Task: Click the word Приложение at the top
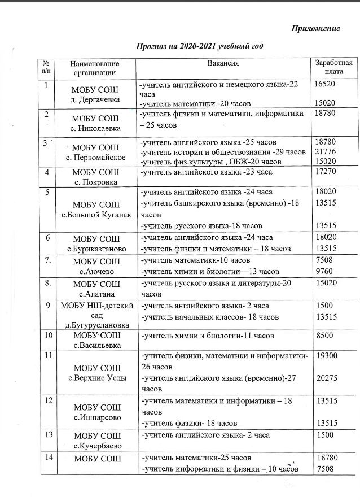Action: point(316,29)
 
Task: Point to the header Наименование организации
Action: point(94,68)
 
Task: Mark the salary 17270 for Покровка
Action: point(327,171)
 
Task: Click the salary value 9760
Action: point(324,271)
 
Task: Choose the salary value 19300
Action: point(327,357)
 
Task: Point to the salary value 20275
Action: point(327,378)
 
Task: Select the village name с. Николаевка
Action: point(94,128)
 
